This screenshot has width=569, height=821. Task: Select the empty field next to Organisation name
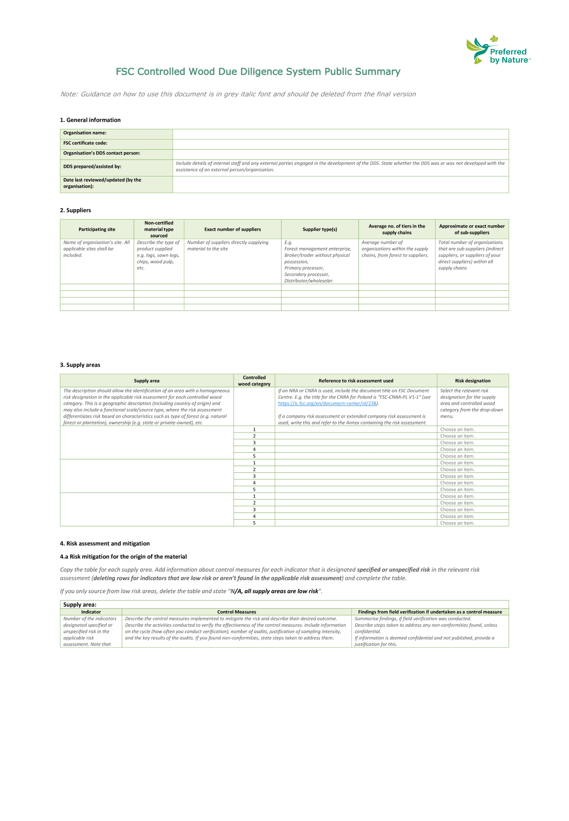pos(340,134)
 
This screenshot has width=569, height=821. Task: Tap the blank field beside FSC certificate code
pos(340,144)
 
